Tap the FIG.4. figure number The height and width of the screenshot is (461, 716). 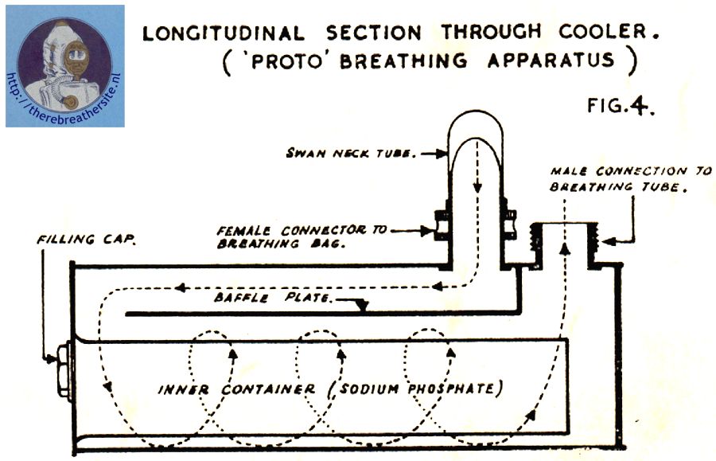621,106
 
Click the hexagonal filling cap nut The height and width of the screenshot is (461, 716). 63,371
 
